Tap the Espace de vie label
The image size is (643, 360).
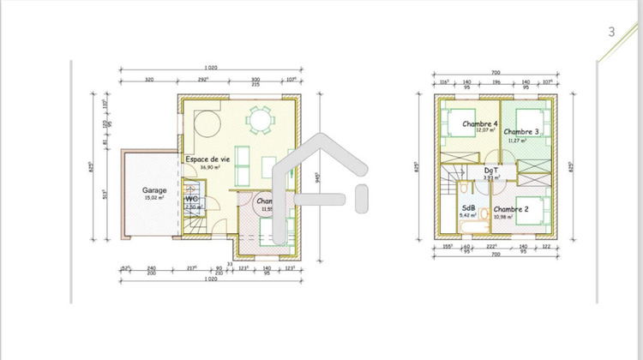pyautogui.click(x=207, y=159)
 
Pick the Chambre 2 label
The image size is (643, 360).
pyautogui.click(x=512, y=209)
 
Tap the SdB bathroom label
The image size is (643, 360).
pyautogui.click(x=469, y=207)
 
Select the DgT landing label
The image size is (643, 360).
pyautogui.click(x=491, y=171)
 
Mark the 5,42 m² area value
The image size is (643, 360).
pyautogui.click(x=469, y=215)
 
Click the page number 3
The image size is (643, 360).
pyautogui.click(x=611, y=32)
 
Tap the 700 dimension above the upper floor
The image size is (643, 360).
pyautogui.click(x=495, y=74)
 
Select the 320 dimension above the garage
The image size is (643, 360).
pyautogui.click(x=148, y=79)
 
